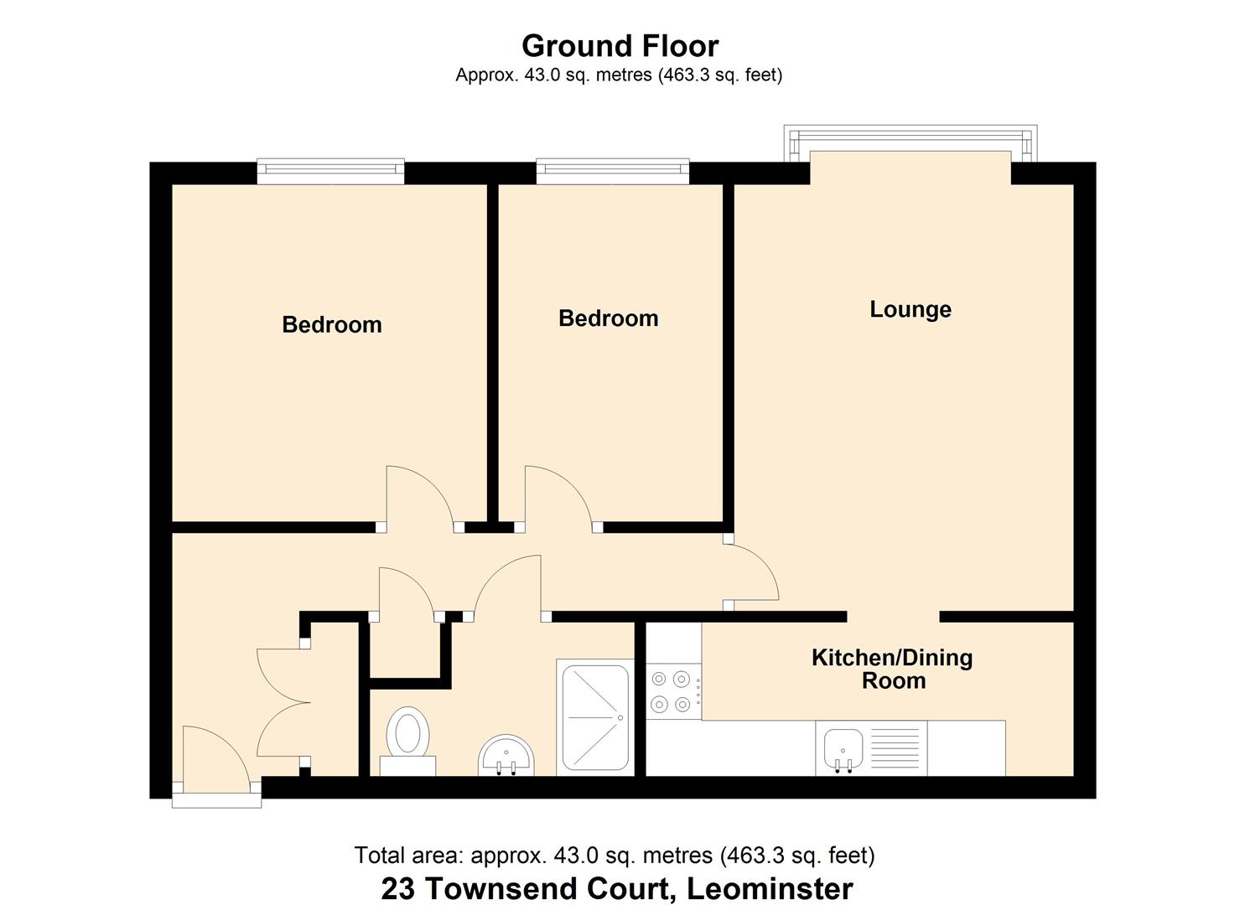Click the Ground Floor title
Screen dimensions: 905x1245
click(x=620, y=45)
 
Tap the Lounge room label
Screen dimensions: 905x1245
click(x=910, y=309)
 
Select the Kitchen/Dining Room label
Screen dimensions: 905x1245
click(x=892, y=669)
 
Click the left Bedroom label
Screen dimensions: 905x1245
click(x=331, y=324)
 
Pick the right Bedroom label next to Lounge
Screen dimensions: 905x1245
click(x=608, y=318)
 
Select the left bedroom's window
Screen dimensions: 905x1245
click(x=330, y=172)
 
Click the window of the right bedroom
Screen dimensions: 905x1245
click(x=612, y=172)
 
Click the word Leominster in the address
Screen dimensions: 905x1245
click(x=769, y=887)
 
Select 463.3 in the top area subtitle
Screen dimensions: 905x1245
click(x=687, y=75)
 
